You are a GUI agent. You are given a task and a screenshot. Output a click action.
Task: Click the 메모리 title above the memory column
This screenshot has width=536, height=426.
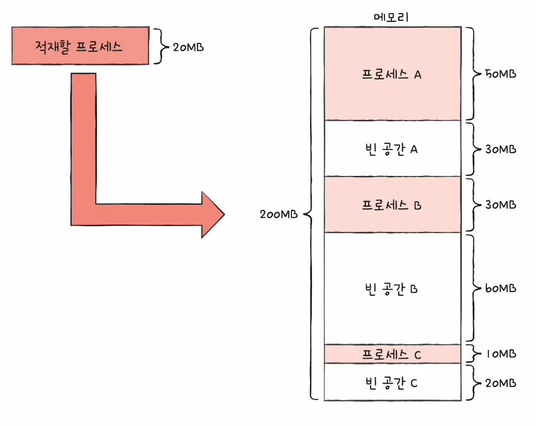pyautogui.click(x=391, y=17)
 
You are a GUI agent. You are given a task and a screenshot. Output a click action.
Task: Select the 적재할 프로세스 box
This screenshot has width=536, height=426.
pyautogui.click(x=81, y=46)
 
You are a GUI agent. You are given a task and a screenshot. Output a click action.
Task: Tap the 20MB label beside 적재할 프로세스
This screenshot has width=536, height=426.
pyautogui.click(x=188, y=47)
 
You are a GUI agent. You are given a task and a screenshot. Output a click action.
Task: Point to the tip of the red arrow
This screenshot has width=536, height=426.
pyautogui.click(x=225, y=214)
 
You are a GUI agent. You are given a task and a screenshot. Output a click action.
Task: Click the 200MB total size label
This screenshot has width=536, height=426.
pyautogui.click(x=279, y=214)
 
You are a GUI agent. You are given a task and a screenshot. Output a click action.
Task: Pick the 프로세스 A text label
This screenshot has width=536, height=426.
pyautogui.click(x=391, y=74)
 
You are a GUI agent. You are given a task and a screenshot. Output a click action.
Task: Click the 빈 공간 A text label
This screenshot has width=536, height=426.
pyautogui.click(x=391, y=149)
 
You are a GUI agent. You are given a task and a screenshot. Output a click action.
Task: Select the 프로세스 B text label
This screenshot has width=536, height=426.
pyautogui.click(x=391, y=205)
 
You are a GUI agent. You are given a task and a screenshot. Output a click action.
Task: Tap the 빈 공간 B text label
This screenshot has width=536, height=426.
pyautogui.click(x=391, y=289)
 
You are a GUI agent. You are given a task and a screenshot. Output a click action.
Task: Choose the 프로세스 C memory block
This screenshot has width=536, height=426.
pyautogui.click(x=393, y=354)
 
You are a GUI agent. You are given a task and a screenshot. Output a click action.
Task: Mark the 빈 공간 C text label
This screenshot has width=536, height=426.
pyautogui.click(x=391, y=383)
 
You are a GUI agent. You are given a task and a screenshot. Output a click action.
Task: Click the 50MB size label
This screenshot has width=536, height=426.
pyautogui.click(x=500, y=74)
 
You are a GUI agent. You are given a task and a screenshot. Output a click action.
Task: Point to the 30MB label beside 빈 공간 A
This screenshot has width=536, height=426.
pyautogui.click(x=500, y=149)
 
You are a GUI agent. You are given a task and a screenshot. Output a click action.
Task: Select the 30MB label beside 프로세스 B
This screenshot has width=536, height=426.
pyautogui.click(x=500, y=204)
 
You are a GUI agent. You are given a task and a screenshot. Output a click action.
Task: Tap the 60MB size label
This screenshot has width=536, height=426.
pyautogui.click(x=500, y=288)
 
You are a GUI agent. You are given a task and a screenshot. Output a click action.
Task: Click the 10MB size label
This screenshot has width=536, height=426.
pyautogui.click(x=501, y=354)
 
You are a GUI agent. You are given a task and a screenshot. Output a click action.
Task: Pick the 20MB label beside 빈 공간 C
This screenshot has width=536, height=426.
pyautogui.click(x=500, y=383)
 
